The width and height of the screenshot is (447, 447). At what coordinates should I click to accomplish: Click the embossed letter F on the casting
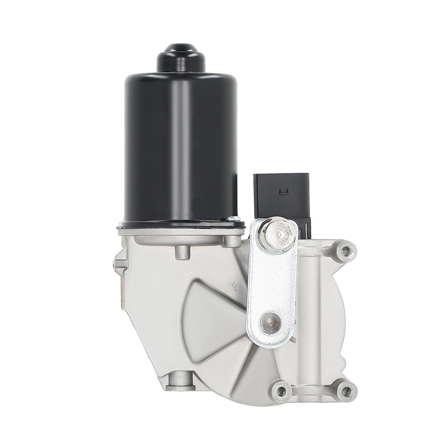(231, 286)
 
